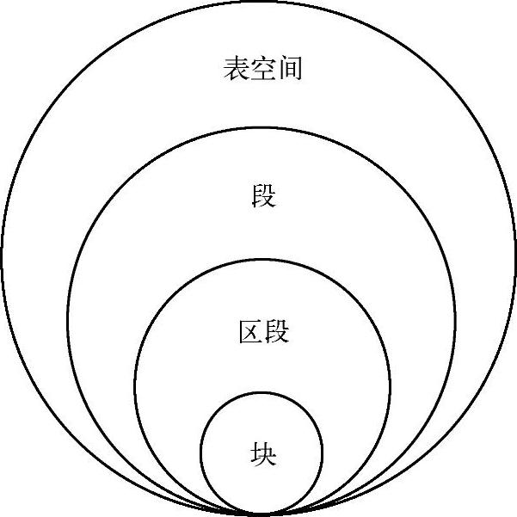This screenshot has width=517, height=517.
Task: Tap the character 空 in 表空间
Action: point(262,69)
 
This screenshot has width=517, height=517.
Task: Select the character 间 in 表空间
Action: point(290,69)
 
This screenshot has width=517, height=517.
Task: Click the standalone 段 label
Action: point(262,196)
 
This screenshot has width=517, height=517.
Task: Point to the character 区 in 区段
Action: point(249,331)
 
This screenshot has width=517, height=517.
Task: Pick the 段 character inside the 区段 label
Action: point(276,331)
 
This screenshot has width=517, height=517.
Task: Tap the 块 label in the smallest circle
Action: point(262,452)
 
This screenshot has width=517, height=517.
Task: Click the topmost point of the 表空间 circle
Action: point(259,2)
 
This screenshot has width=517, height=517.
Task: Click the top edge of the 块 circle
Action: point(262,392)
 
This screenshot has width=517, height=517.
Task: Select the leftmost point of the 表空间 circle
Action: point(2,258)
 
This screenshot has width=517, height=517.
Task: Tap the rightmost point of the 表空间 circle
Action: point(515,258)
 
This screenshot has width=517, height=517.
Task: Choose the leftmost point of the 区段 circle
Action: point(134,388)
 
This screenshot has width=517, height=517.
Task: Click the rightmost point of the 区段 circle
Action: point(390,388)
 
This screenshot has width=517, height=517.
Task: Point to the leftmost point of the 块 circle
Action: point(200,453)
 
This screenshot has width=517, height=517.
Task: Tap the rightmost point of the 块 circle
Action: point(323,453)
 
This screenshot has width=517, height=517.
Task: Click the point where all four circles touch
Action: point(262,514)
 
